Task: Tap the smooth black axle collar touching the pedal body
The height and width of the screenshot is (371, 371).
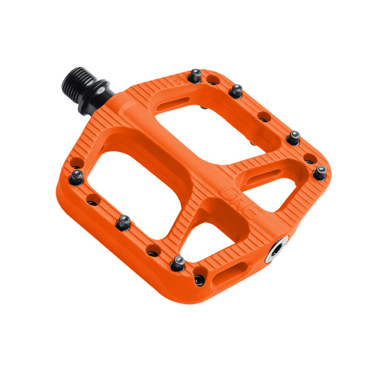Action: [x=99, y=99]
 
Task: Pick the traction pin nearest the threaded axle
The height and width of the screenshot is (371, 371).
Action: [x=195, y=76]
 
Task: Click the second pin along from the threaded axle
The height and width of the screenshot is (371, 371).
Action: [x=236, y=91]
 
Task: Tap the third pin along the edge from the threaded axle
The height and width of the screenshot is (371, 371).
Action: [x=293, y=137]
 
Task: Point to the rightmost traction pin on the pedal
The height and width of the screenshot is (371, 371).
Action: [x=320, y=172]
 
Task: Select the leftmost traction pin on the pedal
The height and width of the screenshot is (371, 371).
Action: [x=77, y=177]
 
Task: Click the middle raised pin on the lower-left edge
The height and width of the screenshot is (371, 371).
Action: [x=123, y=221]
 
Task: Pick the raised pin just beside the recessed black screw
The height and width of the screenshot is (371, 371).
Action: [x=178, y=262]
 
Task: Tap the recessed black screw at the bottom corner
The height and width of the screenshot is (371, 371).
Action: [x=199, y=279]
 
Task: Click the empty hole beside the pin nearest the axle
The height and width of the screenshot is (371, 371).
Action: [x=212, y=80]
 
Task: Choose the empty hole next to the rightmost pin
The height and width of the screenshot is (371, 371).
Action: [x=308, y=161]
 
